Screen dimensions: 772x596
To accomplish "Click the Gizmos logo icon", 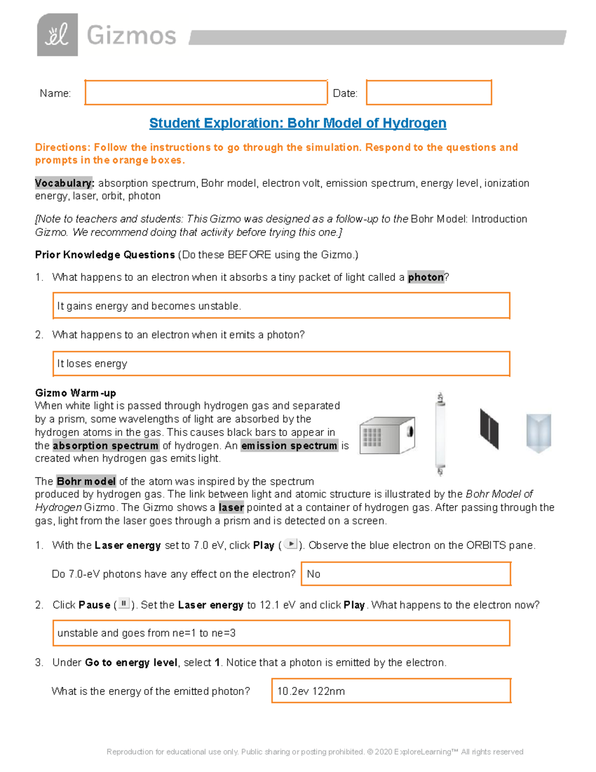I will coord(57,35).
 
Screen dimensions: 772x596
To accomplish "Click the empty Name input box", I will coord(206,92).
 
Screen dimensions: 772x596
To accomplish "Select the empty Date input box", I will coord(429,92).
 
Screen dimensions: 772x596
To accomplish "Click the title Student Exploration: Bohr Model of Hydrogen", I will coord(298,123).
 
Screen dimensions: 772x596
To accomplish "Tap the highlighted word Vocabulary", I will coord(64,183).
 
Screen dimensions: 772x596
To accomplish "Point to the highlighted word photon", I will coord(426,277).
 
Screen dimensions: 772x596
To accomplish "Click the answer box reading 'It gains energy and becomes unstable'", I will coord(281,305).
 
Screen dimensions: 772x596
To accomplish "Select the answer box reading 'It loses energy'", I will coord(281,364).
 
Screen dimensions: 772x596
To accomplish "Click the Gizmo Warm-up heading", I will coord(75,393).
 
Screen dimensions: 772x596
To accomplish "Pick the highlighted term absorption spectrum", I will coord(106,445).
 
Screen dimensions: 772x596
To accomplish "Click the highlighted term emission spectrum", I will coord(289,445).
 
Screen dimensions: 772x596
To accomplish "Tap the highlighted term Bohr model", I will coord(86,481).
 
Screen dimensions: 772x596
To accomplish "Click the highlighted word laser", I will coord(231,508).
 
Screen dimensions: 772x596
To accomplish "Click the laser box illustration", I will coord(387,435).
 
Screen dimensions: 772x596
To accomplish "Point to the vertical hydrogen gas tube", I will coord(440,434).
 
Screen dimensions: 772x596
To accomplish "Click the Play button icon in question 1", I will coord(291,544).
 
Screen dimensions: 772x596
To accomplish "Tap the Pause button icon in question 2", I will coord(124,604).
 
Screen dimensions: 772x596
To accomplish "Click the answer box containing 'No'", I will coord(406,574).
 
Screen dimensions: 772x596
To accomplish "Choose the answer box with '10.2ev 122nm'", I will coord(391,691).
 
